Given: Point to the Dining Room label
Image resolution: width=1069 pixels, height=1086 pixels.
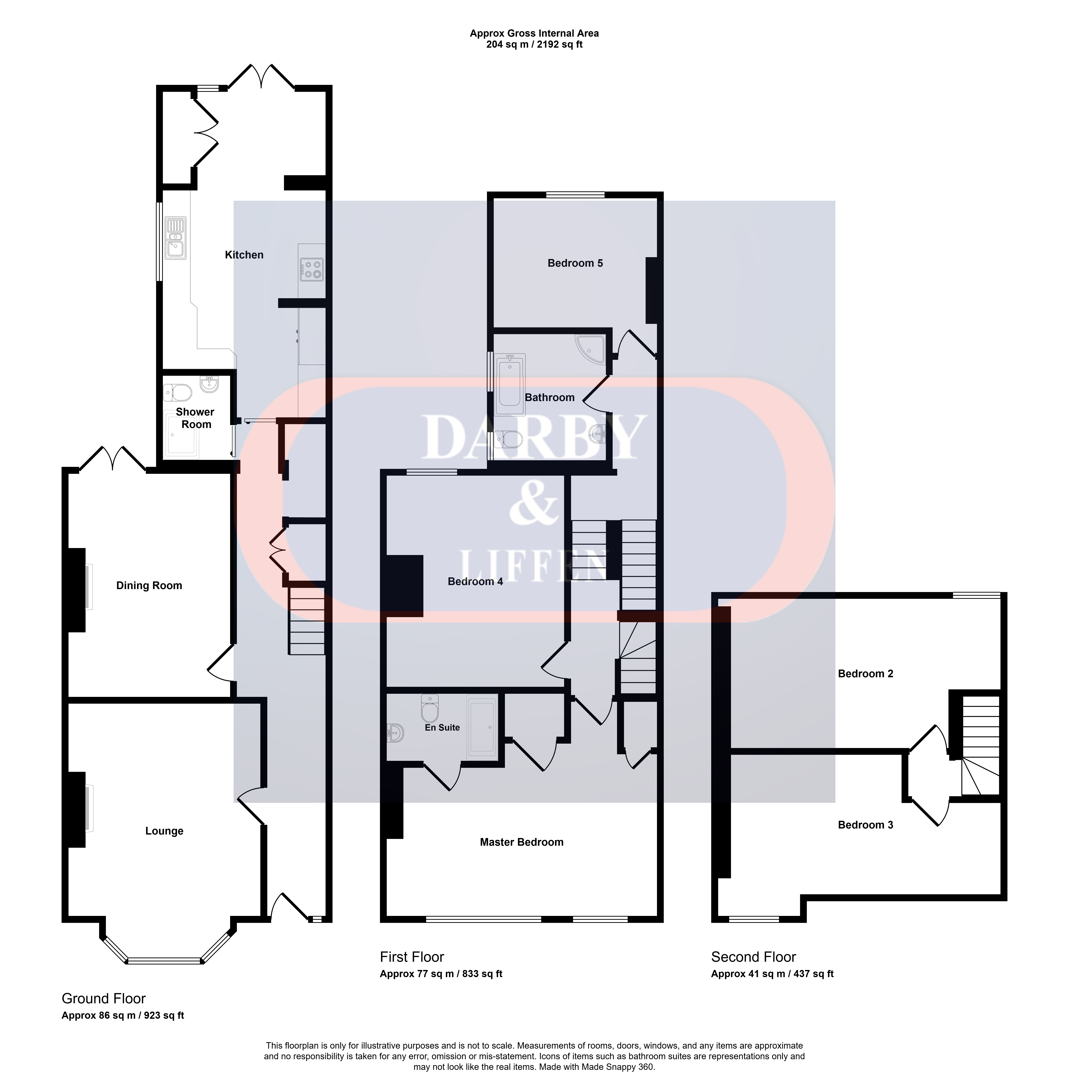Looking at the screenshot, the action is click(149, 585).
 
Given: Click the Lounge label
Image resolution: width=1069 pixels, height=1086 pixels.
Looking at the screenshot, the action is click(165, 831).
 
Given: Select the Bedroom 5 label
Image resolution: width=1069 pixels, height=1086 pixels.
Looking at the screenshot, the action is click(575, 263).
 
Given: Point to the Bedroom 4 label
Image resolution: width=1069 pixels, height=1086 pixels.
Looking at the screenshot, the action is click(476, 581).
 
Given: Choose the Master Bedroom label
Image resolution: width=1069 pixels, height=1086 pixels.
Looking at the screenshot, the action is click(522, 842).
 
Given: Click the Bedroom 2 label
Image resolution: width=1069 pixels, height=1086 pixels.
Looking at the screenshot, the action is click(866, 674).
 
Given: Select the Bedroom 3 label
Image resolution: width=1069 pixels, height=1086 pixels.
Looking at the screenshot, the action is click(866, 825).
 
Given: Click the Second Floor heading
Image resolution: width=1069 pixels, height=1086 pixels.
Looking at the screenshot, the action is click(754, 957).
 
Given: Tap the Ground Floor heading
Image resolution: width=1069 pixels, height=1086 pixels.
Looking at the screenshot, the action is click(104, 998).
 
